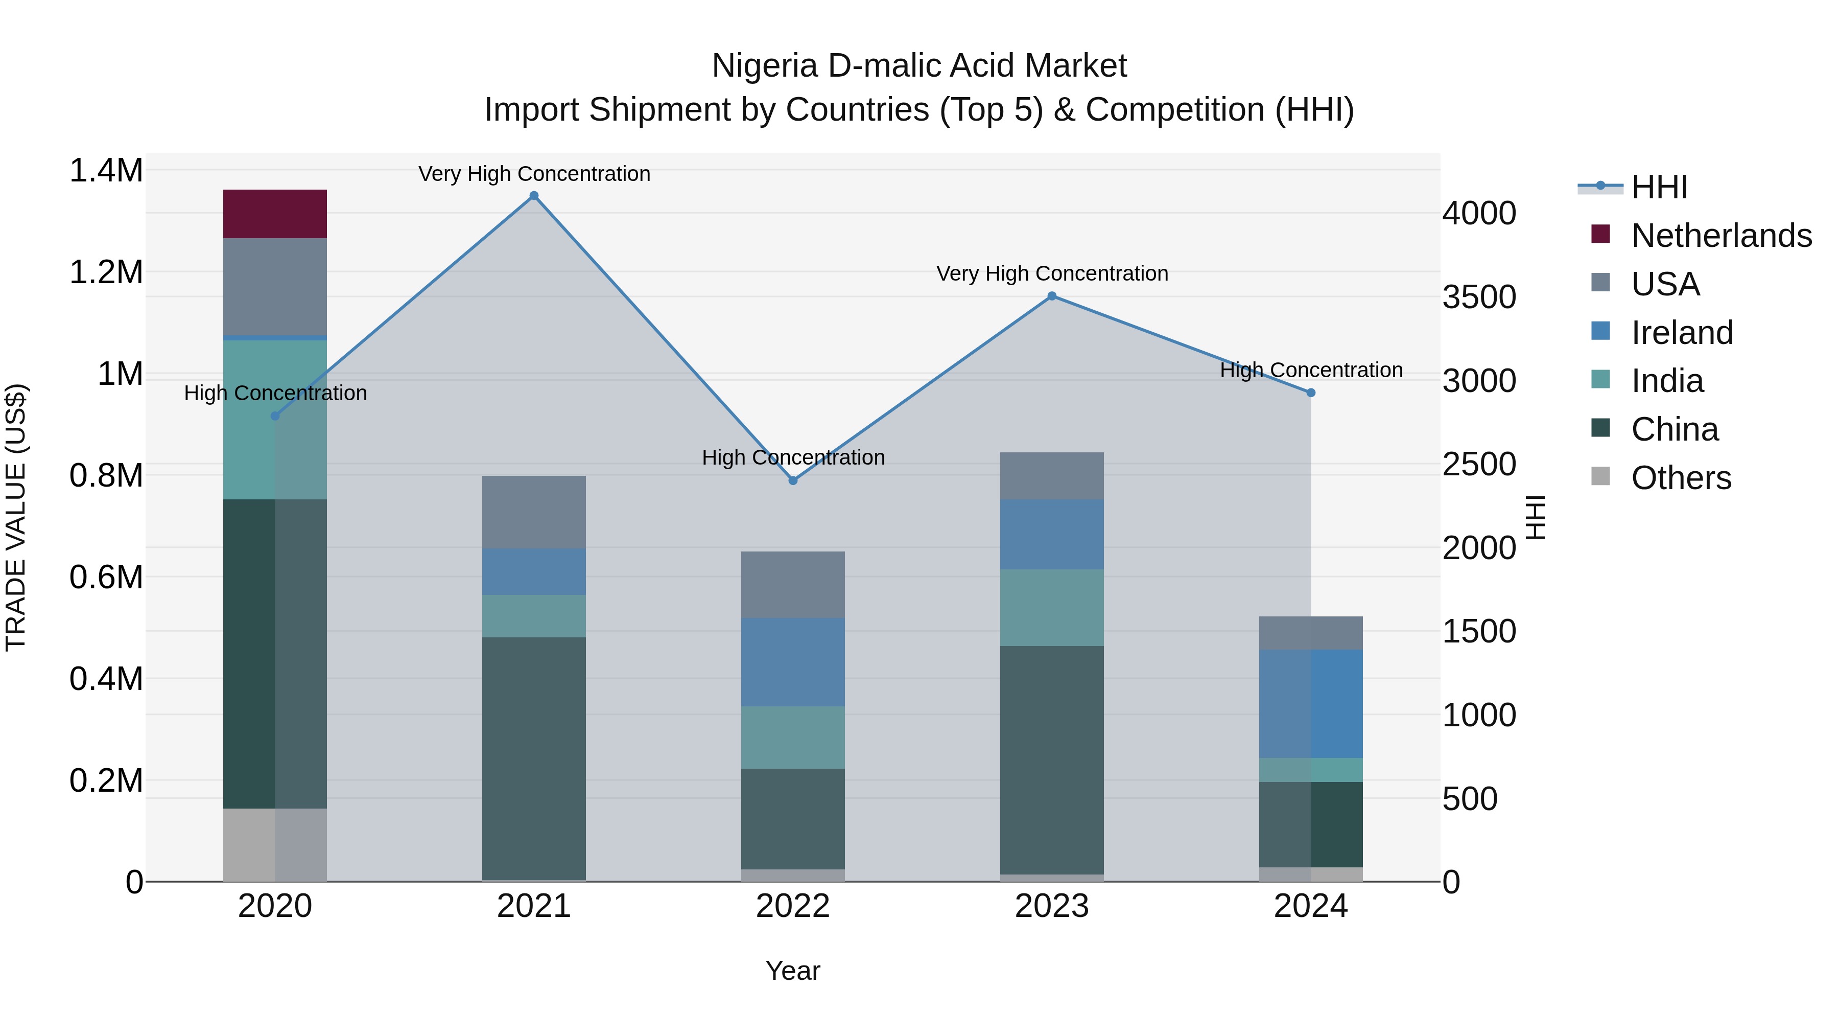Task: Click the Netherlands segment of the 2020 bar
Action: (275, 214)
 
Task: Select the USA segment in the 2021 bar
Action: (534, 512)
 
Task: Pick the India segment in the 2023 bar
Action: (1052, 607)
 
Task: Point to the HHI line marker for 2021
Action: (534, 196)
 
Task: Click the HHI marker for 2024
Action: (1311, 393)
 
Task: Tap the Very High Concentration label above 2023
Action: (1052, 273)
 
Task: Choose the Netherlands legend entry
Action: (1720, 236)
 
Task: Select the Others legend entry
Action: (1681, 478)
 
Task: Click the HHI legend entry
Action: (1659, 187)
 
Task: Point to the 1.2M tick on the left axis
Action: (106, 272)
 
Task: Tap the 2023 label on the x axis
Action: (1052, 906)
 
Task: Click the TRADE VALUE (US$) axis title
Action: (16, 517)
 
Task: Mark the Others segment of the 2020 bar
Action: (275, 844)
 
